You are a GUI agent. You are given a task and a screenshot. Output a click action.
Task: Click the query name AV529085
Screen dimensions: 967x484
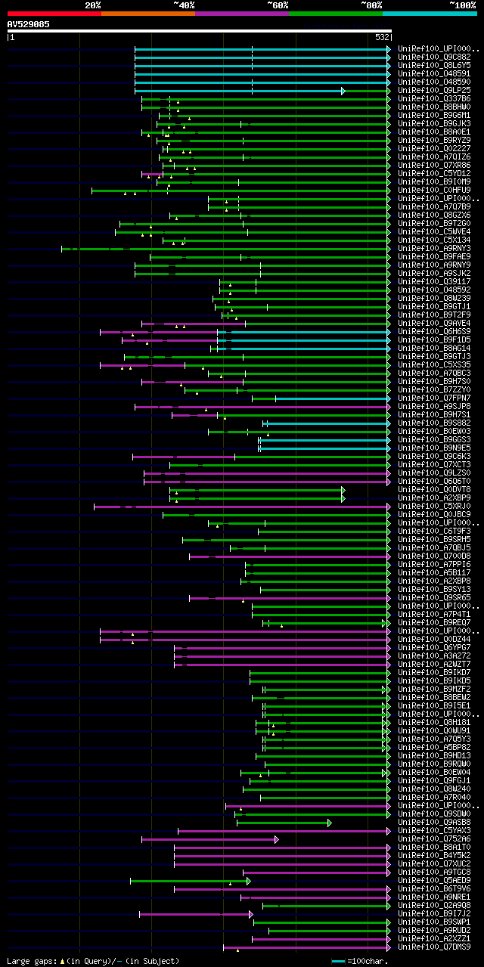29,24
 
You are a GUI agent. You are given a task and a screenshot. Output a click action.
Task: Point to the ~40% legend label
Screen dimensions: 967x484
184,5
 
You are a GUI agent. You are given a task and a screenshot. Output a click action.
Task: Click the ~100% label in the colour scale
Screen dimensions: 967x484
462,5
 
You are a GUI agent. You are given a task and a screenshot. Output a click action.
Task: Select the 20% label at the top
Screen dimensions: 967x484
93,5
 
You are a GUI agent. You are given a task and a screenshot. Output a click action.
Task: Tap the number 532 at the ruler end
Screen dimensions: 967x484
382,36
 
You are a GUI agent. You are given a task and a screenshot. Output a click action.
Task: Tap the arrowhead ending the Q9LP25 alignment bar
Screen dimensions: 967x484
343,91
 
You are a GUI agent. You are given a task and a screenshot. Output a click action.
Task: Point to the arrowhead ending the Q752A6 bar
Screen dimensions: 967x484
277,839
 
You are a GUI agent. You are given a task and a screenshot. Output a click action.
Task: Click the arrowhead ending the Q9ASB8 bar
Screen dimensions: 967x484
330,823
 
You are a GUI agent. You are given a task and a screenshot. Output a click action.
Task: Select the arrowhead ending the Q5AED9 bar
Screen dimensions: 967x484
248,881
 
